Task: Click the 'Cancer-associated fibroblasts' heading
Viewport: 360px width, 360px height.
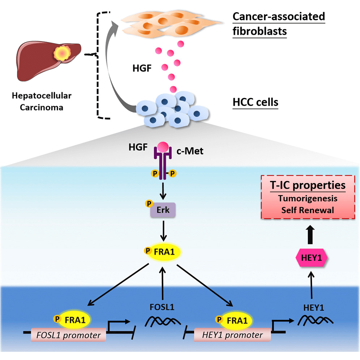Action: pos(278,24)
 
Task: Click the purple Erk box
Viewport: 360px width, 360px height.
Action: pos(163,210)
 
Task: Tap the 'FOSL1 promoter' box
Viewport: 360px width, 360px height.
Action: pos(68,335)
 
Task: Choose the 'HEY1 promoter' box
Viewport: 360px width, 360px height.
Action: pos(232,335)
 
